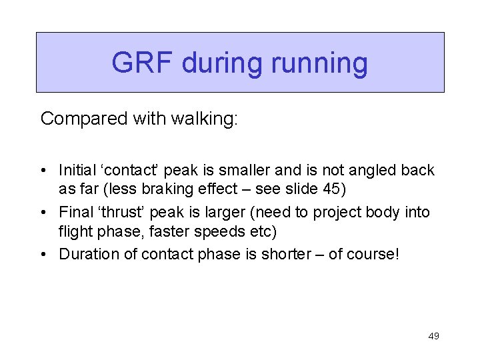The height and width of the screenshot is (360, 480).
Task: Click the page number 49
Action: pos(433,336)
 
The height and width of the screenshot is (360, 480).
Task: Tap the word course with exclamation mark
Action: pos(373,254)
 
